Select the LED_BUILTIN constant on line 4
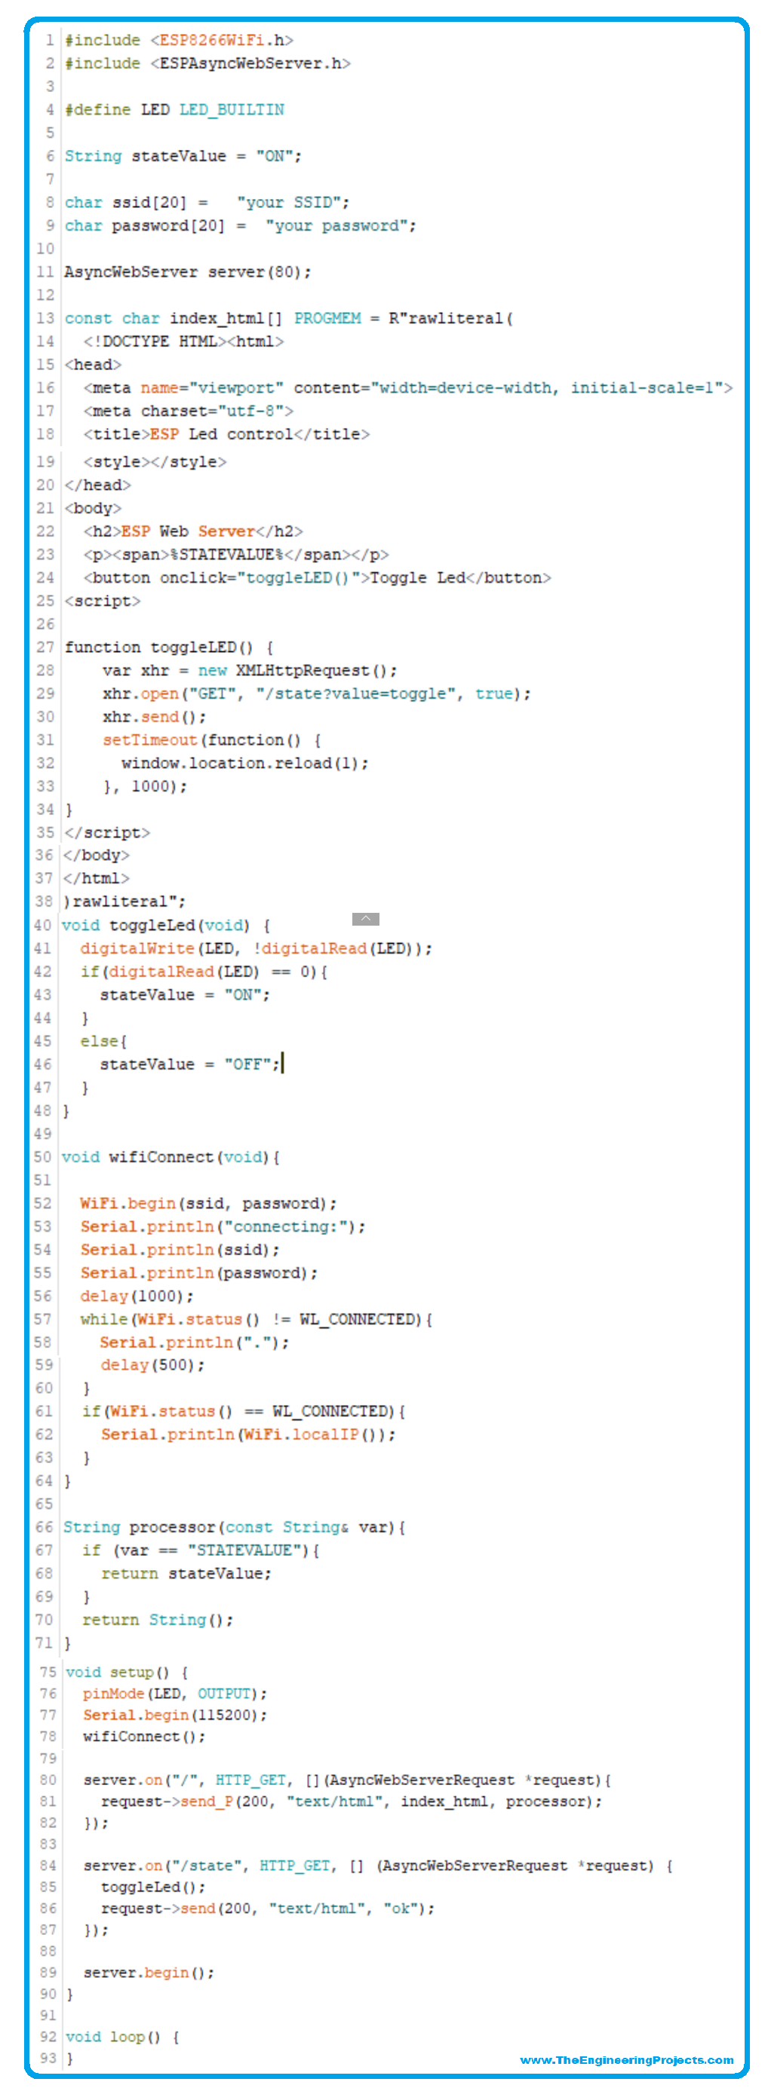(x=232, y=109)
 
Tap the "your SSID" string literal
(x=293, y=202)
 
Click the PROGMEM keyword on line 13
(x=327, y=319)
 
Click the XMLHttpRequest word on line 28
(x=303, y=670)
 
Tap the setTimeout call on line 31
(x=150, y=740)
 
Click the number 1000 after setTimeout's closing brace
(x=150, y=786)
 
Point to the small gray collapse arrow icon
(x=366, y=918)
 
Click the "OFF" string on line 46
(x=248, y=1064)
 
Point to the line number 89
(x=48, y=1972)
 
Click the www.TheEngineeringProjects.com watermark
(x=627, y=2059)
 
